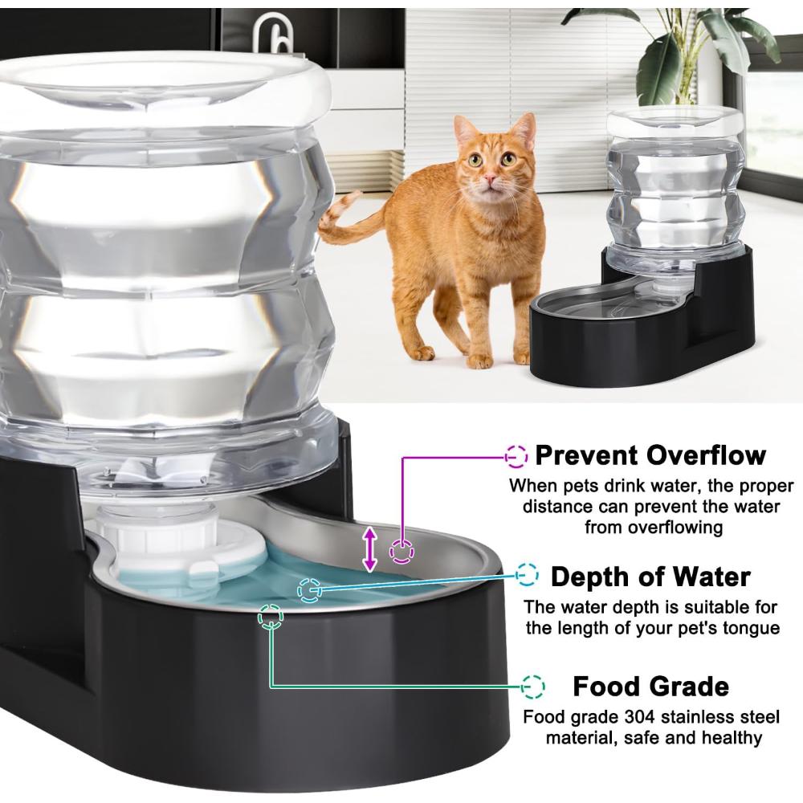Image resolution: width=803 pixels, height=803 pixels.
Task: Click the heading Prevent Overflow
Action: [x=650, y=454]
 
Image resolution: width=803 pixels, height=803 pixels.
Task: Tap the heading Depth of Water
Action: [x=650, y=577]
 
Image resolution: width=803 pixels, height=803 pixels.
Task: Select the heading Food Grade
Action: [x=650, y=687]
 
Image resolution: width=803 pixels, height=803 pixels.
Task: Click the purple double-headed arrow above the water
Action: [x=369, y=550]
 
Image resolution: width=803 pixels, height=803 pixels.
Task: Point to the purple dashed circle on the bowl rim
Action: [x=402, y=552]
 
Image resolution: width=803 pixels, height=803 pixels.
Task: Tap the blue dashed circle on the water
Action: [x=309, y=590]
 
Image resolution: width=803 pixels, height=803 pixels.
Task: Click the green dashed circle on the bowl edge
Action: [x=271, y=616]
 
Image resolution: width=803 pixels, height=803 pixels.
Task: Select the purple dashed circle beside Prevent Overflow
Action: [x=516, y=455]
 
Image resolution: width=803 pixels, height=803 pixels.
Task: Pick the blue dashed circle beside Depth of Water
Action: [x=527, y=575]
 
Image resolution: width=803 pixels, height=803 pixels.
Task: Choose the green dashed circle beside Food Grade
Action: [x=533, y=687]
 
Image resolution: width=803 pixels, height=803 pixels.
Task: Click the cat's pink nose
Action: [x=490, y=179]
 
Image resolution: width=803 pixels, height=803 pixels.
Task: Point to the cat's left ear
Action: [x=524, y=132]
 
